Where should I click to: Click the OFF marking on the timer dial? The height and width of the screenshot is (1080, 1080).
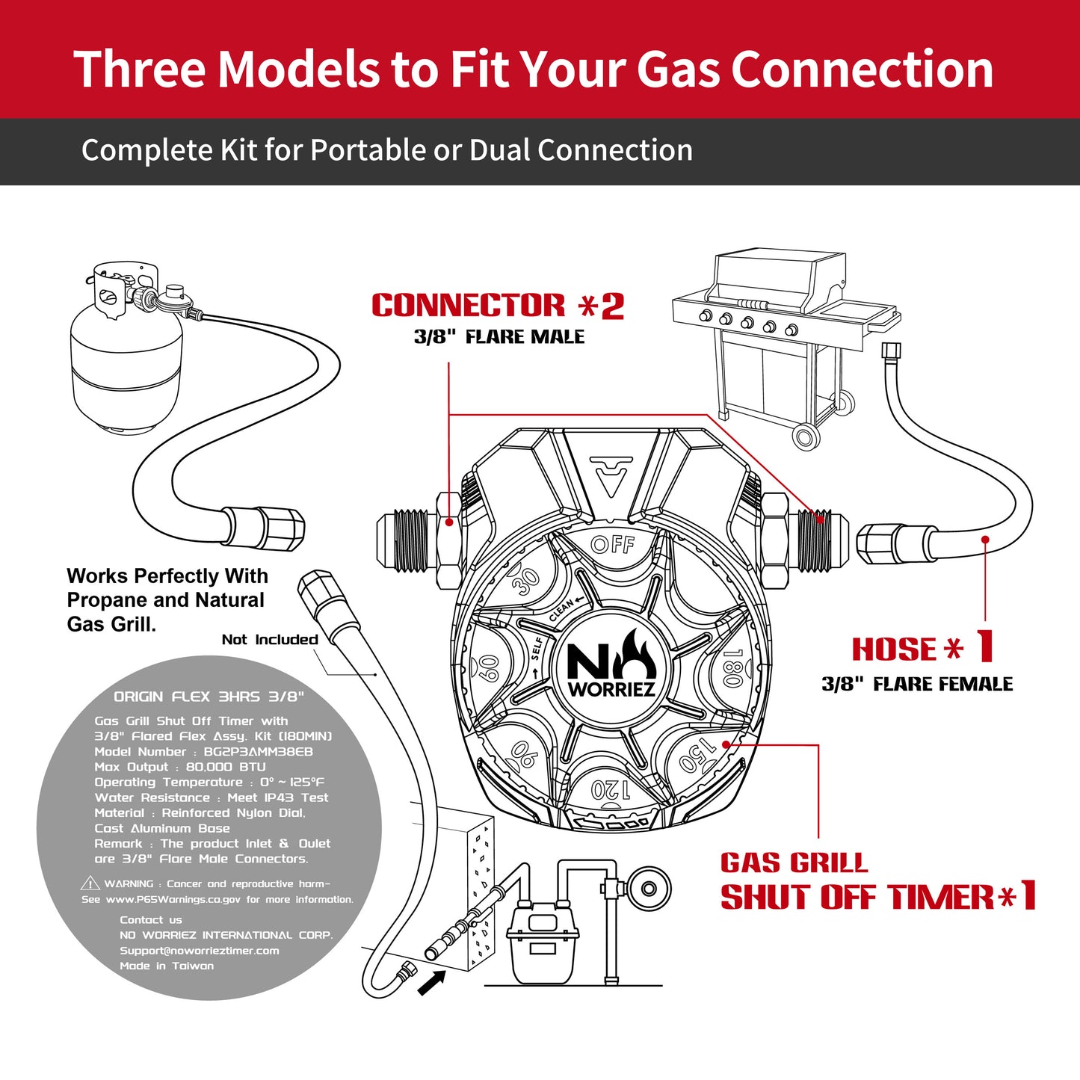coord(612,544)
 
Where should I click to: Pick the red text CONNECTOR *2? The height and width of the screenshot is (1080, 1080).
coord(498,306)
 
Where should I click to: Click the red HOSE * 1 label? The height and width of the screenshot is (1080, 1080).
coord(923,648)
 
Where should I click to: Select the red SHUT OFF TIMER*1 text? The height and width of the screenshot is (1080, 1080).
coord(878,897)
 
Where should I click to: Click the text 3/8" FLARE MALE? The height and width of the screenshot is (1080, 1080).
coord(499,337)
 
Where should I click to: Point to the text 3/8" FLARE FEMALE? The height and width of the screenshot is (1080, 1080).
coord(917,684)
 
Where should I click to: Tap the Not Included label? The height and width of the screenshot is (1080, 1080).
coord(270,640)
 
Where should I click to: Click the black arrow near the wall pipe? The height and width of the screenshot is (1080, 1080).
coord(431,982)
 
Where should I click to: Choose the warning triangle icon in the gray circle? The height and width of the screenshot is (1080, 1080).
coord(90,883)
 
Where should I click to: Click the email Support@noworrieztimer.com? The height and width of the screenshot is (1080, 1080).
coord(200,951)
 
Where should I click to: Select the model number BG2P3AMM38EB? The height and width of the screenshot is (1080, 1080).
coord(258,752)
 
